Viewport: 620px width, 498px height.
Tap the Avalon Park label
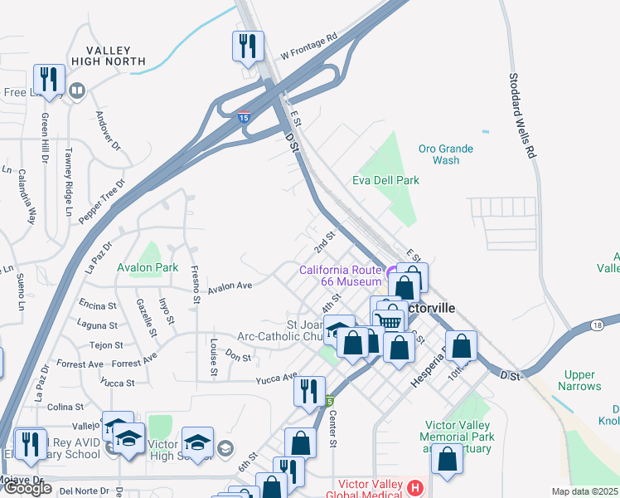click(x=148, y=267)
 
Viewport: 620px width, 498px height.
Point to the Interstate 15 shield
click(x=244, y=118)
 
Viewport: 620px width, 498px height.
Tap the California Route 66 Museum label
click(x=340, y=276)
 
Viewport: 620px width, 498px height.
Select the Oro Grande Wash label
click(x=445, y=154)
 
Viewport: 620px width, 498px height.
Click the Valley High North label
click(x=114, y=56)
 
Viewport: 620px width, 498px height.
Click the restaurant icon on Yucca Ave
click(x=309, y=391)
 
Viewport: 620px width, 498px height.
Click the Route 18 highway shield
click(x=598, y=325)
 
